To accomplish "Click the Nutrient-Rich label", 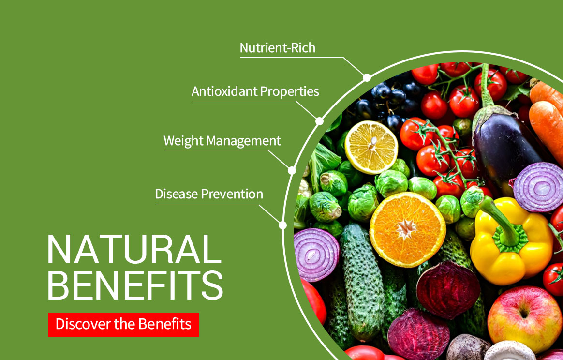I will click(277, 48).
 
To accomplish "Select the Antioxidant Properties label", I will click(255, 91).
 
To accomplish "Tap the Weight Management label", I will click(222, 141).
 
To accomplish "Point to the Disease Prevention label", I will click(209, 194).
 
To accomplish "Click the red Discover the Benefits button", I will click(123, 324).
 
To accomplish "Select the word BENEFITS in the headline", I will click(135, 286).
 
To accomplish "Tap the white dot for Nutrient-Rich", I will click(367, 77).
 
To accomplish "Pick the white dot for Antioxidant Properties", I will click(319, 121).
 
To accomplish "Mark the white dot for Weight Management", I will click(292, 170).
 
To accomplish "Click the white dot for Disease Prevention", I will click(283, 225).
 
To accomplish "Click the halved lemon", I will click(371, 147).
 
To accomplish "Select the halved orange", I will click(407, 229).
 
